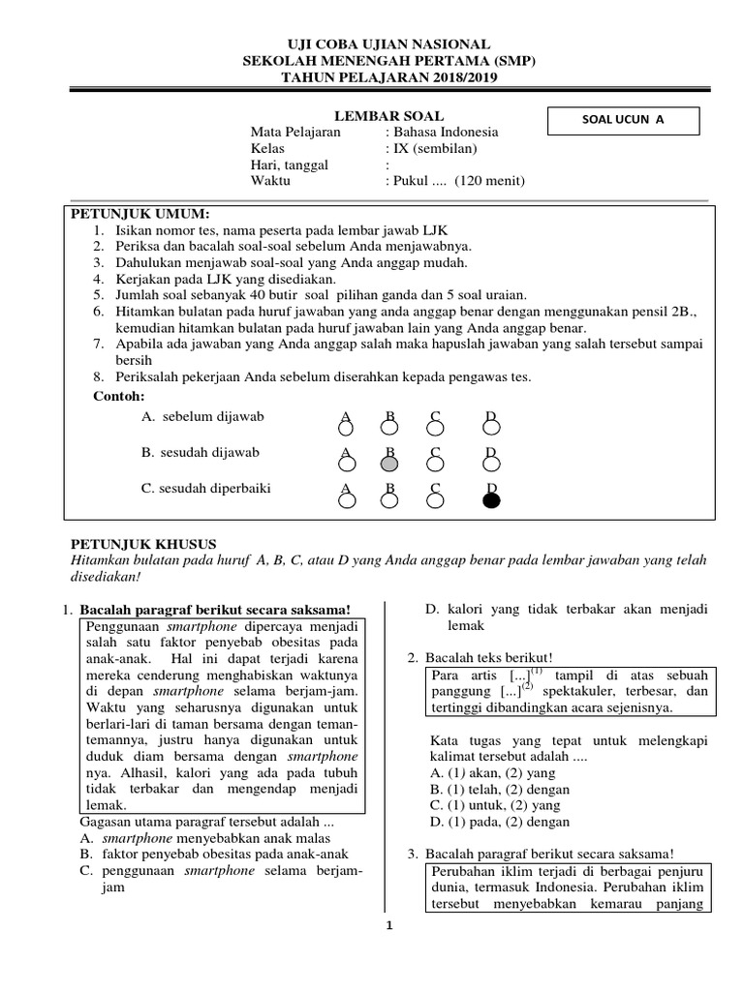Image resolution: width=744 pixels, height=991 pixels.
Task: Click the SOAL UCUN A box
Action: pyautogui.click(x=623, y=120)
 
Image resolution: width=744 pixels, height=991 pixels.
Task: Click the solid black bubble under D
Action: pyautogui.click(x=491, y=500)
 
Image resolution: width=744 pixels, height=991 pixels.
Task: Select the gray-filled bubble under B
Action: pyautogui.click(x=389, y=464)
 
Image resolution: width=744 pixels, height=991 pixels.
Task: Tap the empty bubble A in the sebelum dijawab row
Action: pyautogui.click(x=345, y=428)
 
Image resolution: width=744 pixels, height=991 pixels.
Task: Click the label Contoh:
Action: pyautogui.click(x=118, y=397)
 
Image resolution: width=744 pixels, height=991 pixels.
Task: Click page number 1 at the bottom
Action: pyautogui.click(x=388, y=926)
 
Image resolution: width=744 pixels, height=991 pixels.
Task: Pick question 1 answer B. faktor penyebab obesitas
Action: pyautogui.click(x=213, y=855)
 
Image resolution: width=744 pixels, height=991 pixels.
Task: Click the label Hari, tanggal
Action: pyautogui.click(x=289, y=165)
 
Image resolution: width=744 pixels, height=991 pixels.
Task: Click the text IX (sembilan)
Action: pyautogui.click(x=434, y=148)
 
